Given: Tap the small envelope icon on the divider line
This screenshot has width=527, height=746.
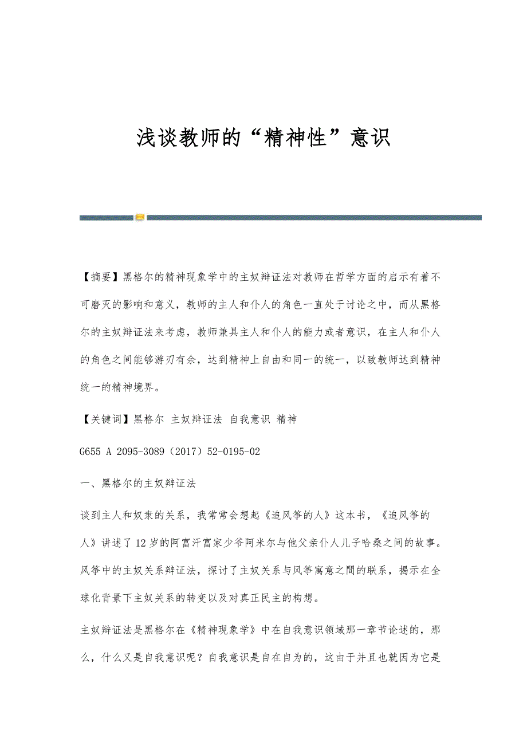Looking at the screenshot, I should (x=139, y=217).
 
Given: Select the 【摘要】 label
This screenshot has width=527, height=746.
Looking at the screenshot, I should (x=101, y=277).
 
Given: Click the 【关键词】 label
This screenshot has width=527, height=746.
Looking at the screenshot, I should (x=107, y=419).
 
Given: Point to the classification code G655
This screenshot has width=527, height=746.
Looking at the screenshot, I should (x=91, y=451).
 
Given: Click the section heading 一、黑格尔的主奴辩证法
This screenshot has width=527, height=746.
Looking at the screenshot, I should (x=138, y=483).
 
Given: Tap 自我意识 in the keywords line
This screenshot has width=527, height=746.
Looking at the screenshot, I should (x=250, y=419).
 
